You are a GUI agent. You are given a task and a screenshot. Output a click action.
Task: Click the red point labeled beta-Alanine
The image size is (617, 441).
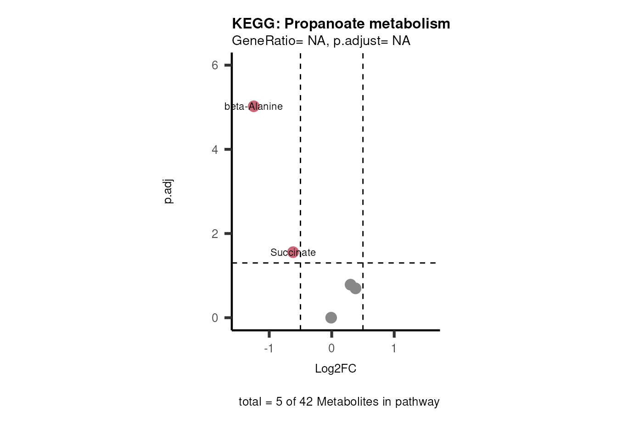[x=253, y=107]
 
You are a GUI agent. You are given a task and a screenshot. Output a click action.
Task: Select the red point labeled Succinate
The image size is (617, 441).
[x=293, y=252]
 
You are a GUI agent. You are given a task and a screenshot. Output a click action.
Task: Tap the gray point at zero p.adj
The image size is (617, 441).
[x=331, y=317]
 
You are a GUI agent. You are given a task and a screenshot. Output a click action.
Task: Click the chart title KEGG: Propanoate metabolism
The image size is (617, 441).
[x=341, y=23]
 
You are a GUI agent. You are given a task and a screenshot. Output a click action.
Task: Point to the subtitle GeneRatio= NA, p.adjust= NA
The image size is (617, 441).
[x=321, y=41]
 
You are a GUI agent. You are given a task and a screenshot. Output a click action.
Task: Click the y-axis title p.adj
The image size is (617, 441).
[x=168, y=192]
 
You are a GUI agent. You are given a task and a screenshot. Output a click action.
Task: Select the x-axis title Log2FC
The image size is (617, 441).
[x=336, y=368]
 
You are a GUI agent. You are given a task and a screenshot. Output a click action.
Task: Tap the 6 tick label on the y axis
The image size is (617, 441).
[x=215, y=65]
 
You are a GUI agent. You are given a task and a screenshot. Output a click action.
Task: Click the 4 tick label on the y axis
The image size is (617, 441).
[x=215, y=149]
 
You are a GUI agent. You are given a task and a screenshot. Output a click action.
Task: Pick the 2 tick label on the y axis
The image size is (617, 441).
[x=215, y=234]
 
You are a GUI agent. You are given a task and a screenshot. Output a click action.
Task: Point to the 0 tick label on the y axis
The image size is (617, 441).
[x=215, y=318]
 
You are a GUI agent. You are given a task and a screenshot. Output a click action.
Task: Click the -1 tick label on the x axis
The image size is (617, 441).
[x=269, y=348]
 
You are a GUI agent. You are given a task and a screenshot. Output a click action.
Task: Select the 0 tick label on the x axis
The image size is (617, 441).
[x=331, y=348]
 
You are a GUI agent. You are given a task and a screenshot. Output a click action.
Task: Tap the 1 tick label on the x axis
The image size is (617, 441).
[x=394, y=348]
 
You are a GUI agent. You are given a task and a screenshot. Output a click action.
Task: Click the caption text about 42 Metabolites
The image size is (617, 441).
[x=339, y=401]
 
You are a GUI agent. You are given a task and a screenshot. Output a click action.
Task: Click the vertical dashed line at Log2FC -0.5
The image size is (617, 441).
[x=300, y=184]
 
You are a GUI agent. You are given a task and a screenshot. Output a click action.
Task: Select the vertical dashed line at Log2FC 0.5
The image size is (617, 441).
[x=363, y=184]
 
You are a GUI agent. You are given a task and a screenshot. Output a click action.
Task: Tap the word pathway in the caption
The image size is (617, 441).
[x=417, y=402]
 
